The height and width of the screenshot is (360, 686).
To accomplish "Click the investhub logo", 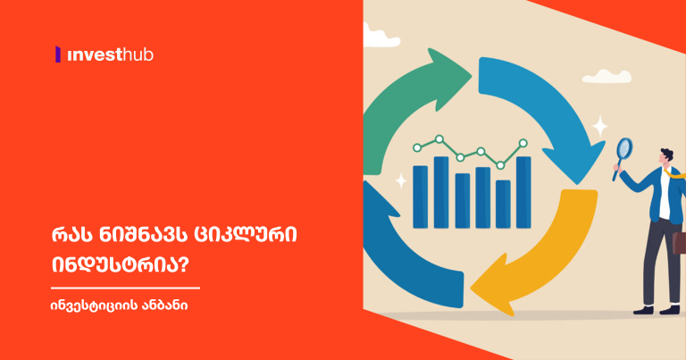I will point(105,54).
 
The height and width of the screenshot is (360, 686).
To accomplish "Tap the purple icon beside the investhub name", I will point(58,54).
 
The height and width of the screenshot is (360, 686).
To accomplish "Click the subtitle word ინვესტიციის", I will point(91,306).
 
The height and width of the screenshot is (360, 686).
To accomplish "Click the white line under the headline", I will point(125,288).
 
